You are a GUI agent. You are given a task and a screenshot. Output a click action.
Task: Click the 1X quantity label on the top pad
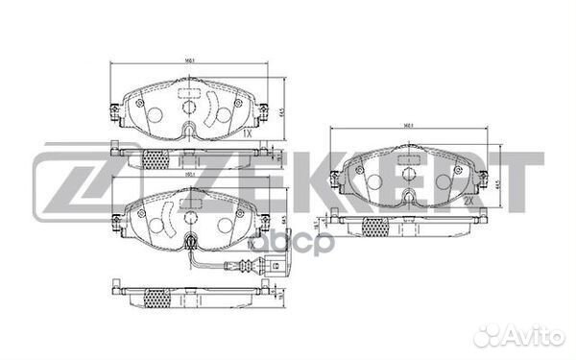248,134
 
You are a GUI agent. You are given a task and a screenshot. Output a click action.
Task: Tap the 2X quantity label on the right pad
468,203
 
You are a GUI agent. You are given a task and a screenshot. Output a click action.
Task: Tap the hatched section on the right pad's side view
376,226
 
